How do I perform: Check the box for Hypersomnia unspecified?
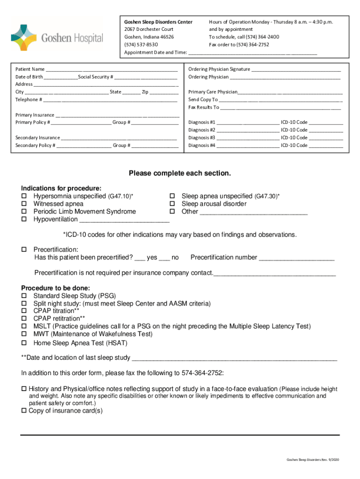[23, 196]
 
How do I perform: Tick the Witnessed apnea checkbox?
[23, 204]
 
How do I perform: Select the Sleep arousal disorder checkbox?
[172, 204]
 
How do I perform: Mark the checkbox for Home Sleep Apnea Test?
[23, 343]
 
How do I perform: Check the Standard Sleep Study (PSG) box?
[23, 296]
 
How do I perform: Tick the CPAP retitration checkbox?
[23, 319]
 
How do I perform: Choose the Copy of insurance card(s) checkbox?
[24, 411]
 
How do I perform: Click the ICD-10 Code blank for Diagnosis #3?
[326, 138]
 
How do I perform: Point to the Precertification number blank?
[296, 258]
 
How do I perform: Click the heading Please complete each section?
[180, 174]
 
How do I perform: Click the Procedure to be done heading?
[56, 288]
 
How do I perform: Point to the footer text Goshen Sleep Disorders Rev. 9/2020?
[312, 460]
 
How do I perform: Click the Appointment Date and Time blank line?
[252, 53]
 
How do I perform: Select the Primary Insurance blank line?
[117, 115]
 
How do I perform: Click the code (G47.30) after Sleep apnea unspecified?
[266, 196]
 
